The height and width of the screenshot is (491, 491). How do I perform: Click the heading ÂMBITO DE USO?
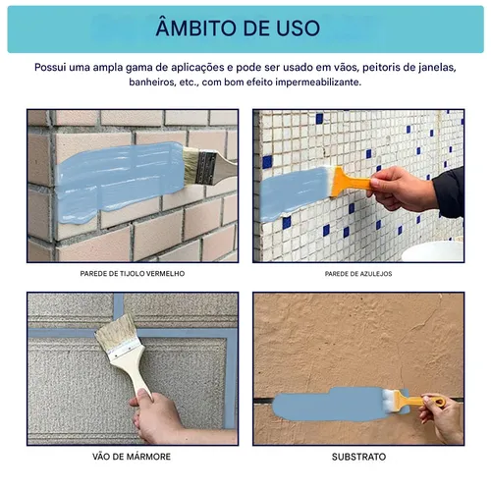click(238, 27)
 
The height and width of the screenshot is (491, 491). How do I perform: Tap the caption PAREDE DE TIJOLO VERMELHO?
click(133, 274)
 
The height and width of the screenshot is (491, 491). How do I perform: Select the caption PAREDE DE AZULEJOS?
click(358, 274)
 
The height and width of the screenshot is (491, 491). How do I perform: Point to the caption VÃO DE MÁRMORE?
click(132, 457)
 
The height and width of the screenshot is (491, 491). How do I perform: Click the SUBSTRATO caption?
click(358, 457)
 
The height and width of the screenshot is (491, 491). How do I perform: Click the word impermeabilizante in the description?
click(318, 82)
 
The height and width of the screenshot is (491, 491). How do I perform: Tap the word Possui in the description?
click(50, 68)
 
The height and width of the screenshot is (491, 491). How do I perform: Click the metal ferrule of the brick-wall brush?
click(205, 168)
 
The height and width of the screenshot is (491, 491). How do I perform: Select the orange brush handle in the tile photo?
click(352, 183)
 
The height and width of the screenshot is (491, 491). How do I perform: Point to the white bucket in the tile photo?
click(432, 251)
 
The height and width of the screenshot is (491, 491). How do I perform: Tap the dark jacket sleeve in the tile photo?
click(449, 193)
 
